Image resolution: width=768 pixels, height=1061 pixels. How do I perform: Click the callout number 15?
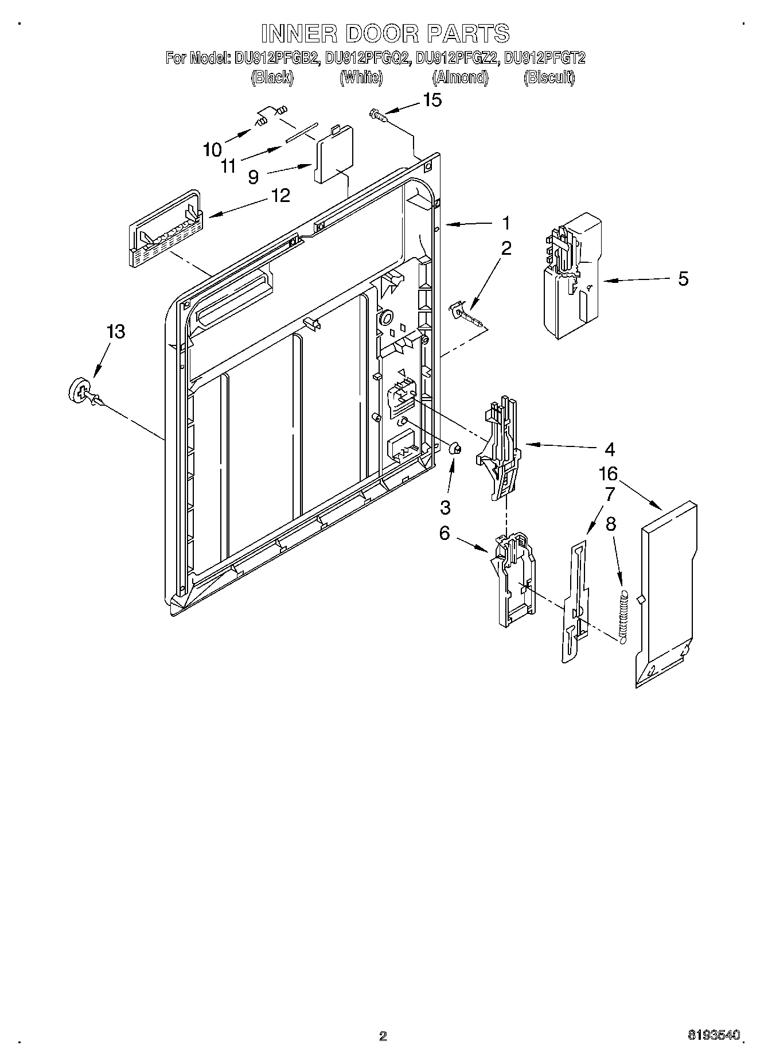432,100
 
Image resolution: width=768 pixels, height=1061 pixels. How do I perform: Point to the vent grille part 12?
163,229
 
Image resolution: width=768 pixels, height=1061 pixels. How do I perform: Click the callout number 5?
683,279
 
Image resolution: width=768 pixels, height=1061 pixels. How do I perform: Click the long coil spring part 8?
624,615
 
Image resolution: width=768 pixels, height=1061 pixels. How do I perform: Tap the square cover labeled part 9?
333,155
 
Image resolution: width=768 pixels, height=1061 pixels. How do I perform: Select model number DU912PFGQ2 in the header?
368,58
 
